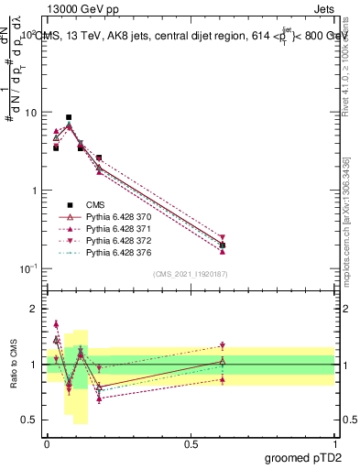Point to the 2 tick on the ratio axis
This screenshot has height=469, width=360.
point(34,310)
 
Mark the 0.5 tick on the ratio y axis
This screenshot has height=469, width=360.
point(30,420)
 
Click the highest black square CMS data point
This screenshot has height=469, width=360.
point(69,117)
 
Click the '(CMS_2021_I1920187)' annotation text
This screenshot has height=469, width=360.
point(191,274)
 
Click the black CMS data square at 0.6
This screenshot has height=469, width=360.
point(223,245)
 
